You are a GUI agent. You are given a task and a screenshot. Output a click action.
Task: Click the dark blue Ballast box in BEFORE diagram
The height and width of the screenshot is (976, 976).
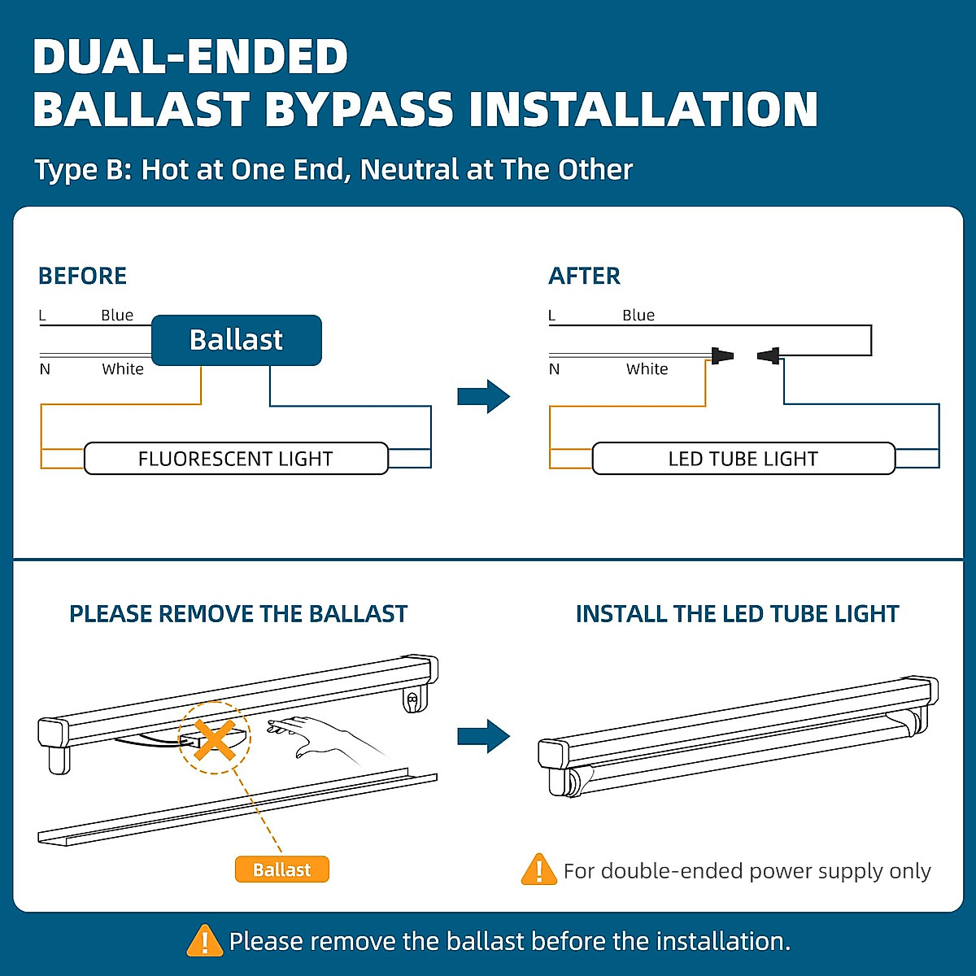pyautogui.click(x=237, y=340)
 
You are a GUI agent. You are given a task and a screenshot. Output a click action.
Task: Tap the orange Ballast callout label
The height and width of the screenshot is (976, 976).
pyautogui.click(x=281, y=869)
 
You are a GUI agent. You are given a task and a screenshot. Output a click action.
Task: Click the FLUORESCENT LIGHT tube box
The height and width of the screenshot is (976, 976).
pyautogui.click(x=236, y=459)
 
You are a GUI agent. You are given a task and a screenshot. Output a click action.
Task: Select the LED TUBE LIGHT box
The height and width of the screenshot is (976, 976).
pyautogui.click(x=743, y=459)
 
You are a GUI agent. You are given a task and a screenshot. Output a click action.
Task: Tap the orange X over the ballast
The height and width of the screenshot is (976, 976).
pyautogui.click(x=215, y=739)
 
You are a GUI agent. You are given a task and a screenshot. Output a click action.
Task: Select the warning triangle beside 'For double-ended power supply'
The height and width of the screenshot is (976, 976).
pyautogui.click(x=538, y=870)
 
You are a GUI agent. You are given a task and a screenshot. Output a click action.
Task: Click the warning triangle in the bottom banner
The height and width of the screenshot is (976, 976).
pyautogui.click(x=204, y=941)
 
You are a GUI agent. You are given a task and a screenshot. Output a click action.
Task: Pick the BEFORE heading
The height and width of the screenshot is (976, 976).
pyautogui.click(x=82, y=277)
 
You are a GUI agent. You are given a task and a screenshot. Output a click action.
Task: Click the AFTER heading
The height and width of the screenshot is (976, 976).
pyautogui.click(x=584, y=277)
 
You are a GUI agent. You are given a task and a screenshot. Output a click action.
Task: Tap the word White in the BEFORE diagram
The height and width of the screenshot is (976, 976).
pyautogui.click(x=123, y=369)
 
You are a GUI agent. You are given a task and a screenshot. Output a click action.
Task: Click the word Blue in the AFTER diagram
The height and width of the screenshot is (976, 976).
pyautogui.click(x=638, y=316)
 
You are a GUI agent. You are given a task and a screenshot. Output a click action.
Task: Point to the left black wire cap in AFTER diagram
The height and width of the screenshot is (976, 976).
pyautogui.click(x=721, y=355)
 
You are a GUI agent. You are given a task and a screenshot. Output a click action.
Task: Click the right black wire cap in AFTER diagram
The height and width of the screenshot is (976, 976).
pyautogui.click(x=769, y=355)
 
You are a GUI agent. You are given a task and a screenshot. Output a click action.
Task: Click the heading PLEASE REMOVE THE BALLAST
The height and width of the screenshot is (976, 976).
pyautogui.click(x=237, y=614)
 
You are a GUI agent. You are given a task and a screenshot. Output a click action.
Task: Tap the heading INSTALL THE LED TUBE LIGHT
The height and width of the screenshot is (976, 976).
pyautogui.click(x=737, y=614)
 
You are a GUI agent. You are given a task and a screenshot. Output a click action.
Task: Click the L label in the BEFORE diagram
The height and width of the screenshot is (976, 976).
pyautogui.click(x=42, y=316)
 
